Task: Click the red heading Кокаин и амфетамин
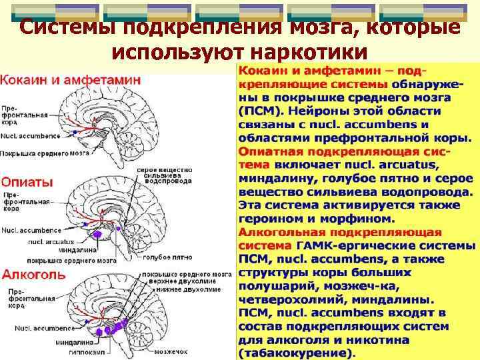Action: tap(70, 79)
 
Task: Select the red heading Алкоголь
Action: tap(33, 274)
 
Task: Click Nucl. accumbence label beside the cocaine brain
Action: tap(31, 136)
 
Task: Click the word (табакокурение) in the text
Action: tap(297, 353)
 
